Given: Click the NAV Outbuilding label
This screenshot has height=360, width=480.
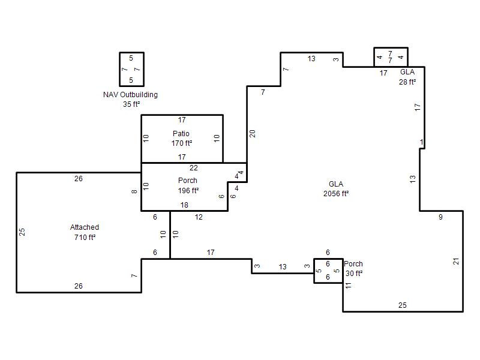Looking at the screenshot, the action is (x=130, y=95).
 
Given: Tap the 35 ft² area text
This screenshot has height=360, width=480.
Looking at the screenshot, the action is (x=131, y=104).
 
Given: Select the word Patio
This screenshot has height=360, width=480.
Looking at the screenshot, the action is (x=181, y=133).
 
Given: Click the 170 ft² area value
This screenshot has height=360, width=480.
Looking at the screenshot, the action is (x=182, y=143).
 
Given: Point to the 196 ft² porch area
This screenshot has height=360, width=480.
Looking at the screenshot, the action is (x=188, y=190).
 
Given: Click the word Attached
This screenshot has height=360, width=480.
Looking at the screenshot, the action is (x=85, y=227).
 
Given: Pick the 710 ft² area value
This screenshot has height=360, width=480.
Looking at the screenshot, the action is (x=85, y=237).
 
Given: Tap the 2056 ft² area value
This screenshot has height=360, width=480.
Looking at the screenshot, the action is (x=336, y=193).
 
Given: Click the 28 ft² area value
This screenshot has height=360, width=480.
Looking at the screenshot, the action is (x=407, y=82).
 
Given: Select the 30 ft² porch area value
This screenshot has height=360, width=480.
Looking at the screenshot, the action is (x=354, y=273).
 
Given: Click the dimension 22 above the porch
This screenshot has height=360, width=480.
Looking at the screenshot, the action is (x=193, y=168).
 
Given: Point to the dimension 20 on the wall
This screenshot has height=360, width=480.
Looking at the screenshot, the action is (x=252, y=133).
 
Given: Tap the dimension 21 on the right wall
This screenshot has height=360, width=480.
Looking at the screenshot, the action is (x=456, y=261).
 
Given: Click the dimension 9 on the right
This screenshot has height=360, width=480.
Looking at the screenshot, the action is (x=440, y=217).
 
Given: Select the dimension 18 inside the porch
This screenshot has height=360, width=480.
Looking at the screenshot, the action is (x=184, y=205).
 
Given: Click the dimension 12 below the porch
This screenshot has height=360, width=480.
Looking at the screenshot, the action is (x=199, y=217).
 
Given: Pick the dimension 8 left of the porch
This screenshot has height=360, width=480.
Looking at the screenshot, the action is (x=134, y=191).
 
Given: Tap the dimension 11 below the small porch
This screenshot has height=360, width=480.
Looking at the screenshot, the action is (x=349, y=286).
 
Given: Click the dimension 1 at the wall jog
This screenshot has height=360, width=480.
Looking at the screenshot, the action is (x=422, y=142).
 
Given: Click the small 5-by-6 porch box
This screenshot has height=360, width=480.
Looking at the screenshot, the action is (x=314, y=271).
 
